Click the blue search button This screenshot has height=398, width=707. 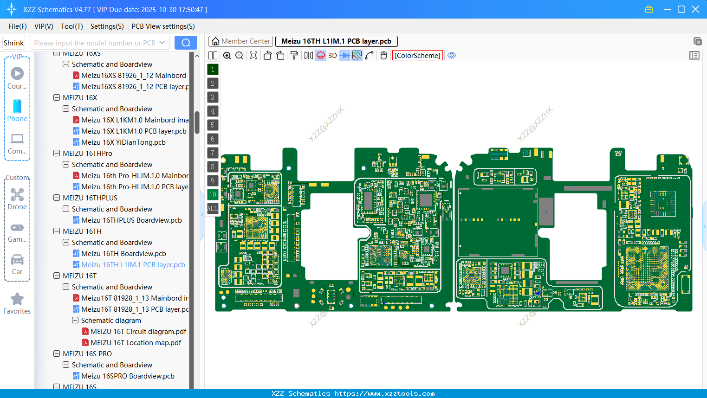pyautogui.click(x=186, y=43)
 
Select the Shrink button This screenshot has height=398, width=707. pyautogui.click(x=14, y=43)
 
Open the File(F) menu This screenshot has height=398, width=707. pyautogui.click(x=18, y=26)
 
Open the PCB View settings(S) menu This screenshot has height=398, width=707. pyautogui.click(x=163, y=26)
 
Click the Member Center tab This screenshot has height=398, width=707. pyautogui.click(x=241, y=41)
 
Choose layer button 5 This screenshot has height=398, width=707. pyautogui.click(x=213, y=125)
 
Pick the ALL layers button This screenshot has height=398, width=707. pyautogui.click(x=213, y=209)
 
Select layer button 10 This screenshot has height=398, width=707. pyautogui.click(x=213, y=195)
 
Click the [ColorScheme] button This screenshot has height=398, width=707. pyautogui.click(x=417, y=56)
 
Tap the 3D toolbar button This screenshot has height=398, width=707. pyautogui.click(x=332, y=56)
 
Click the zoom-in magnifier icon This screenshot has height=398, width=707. pyautogui.click(x=227, y=56)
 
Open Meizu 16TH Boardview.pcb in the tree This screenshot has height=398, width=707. pyautogui.click(x=123, y=254)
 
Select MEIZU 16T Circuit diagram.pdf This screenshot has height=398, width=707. pyautogui.click(x=138, y=332)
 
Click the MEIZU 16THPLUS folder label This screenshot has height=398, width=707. pyautogui.click(x=90, y=198)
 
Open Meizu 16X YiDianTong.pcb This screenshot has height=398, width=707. pyautogui.click(x=123, y=142)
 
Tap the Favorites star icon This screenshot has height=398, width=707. pyautogui.click(x=17, y=299)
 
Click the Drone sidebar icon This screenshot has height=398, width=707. pyautogui.click(x=17, y=195)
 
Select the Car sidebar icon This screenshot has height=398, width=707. pyautogui.click(x=17, y=260)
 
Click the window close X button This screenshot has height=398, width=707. pyautogui.click(x=695, y=9)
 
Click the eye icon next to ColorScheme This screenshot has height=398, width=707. pyautogui.click(x=452, y=56)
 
